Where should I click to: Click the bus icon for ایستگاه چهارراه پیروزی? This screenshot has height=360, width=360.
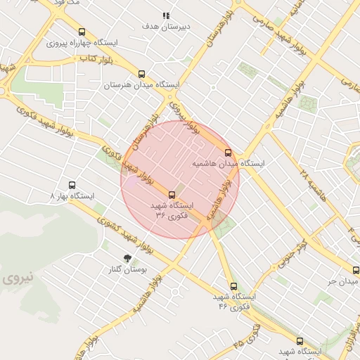click(82, 32)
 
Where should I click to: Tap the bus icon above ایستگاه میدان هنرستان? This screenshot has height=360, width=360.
click(142, 74)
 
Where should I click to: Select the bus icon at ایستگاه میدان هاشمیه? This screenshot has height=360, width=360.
click(228, 152)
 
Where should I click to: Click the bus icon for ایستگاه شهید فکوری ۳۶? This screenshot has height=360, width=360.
click(172, 195)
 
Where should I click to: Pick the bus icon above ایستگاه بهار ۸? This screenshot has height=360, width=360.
click(71, 185)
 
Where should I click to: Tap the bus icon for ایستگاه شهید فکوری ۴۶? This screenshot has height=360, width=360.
click(234, 286)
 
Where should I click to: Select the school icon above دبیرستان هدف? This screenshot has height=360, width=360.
click(166, 15)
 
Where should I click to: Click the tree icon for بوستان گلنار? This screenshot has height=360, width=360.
click(127, 258)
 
